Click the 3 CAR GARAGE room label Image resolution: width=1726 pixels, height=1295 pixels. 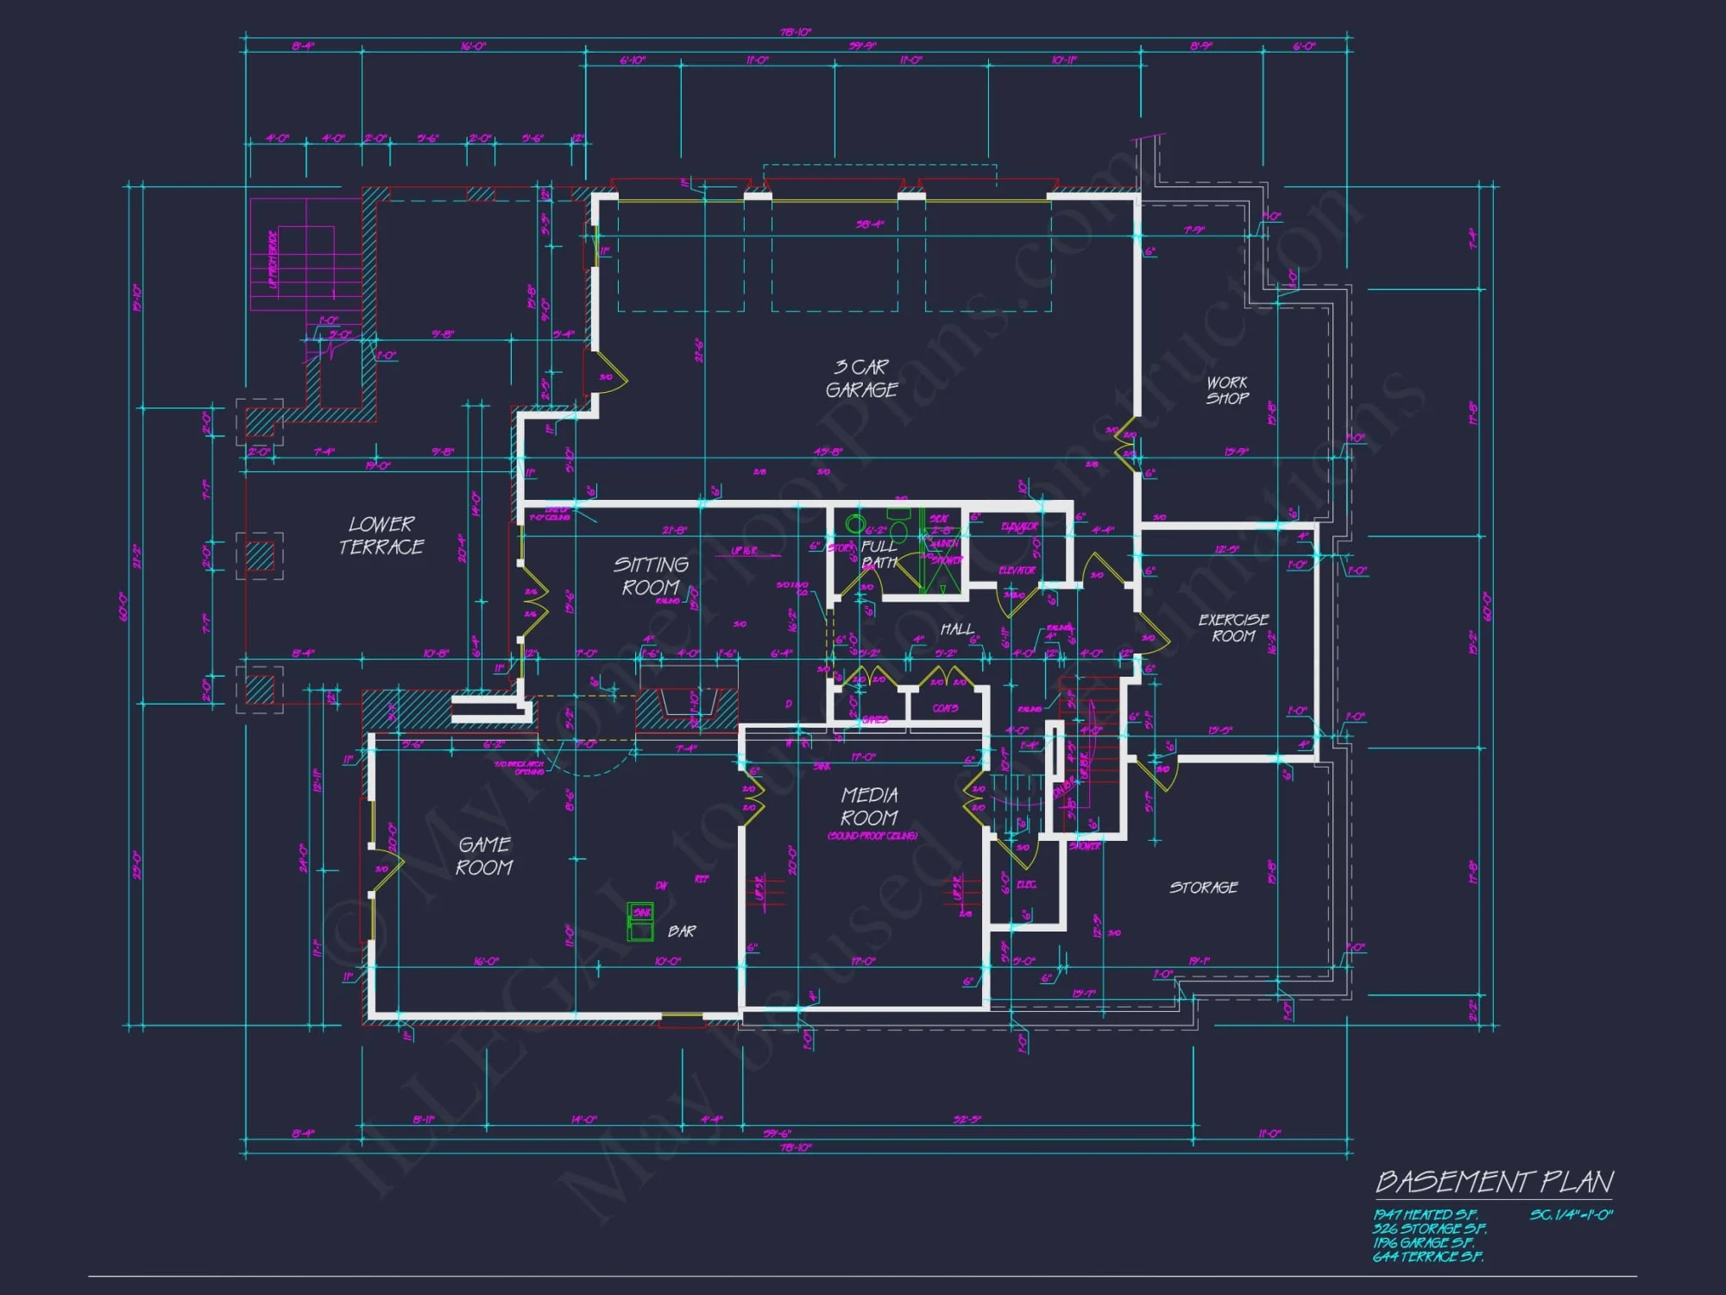pos(861,378)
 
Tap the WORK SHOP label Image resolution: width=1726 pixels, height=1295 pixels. pos(1227,390)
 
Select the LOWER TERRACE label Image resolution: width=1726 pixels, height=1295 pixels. pos(381,535)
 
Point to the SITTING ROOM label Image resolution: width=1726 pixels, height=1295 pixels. pos(651,576)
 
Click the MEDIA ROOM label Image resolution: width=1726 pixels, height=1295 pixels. pos(869,805)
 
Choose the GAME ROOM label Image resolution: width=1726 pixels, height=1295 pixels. pos(484,856)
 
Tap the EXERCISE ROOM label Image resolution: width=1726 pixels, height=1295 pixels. pos(1233,628)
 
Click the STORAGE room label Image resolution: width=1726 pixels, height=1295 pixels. pos(1203,888)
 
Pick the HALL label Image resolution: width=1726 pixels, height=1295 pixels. pos(957,629)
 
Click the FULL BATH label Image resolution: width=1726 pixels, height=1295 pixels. pos(879,554)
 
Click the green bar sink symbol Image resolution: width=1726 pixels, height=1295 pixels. pos(640,921)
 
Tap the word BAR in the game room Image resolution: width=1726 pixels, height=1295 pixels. pos(682,932)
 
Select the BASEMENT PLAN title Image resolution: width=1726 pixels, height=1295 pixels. pos(1494,1181)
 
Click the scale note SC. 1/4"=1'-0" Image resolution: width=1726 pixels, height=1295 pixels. pos(1571,1215)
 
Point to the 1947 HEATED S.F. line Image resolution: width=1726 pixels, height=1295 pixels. pos(1425,1215)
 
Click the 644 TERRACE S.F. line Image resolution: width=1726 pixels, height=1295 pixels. pos(1427,1257)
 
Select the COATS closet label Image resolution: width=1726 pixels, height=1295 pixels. pos(945,709)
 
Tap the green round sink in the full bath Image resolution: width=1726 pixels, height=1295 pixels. pos(854,523)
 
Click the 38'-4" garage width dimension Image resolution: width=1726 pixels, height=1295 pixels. pos(870,224)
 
